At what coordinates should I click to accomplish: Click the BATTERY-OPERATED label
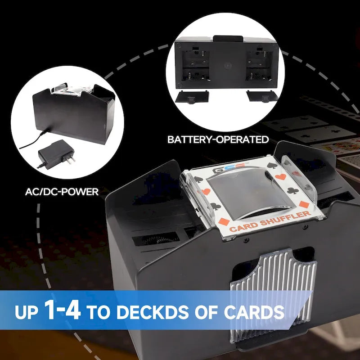(218, 139)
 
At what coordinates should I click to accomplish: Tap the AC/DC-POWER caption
(62, 193)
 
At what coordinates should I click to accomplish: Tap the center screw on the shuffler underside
(227, 64)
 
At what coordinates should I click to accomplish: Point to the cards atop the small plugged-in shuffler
(67, 90)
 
